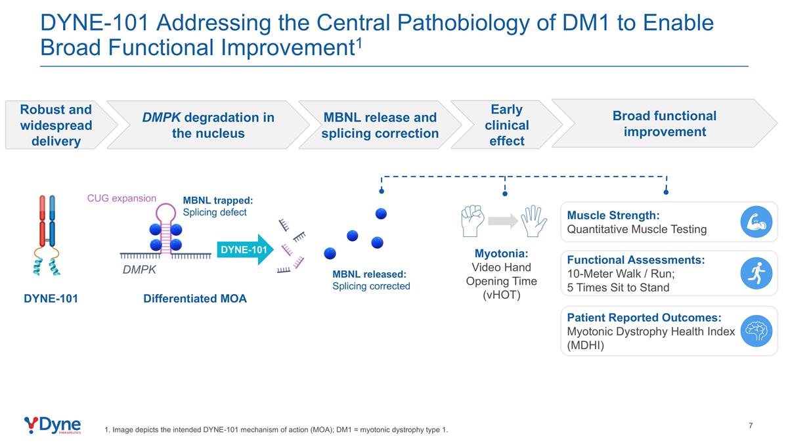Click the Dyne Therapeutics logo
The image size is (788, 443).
(x=53, y=425)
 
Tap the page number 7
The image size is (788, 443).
(x=751, y=426)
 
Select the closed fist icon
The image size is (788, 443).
(x=472, y=221)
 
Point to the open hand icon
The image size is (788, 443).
(x=533, y=221)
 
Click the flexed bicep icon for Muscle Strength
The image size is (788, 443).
(x=756, y=222)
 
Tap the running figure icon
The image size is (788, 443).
(x=756, y=273)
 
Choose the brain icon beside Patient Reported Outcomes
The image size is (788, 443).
(x=756, y=331)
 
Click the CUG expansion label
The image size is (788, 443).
(x=122, y=198)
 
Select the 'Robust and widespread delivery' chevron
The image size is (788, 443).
(x=57, y=125)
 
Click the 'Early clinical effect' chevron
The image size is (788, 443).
(x=506, y=125)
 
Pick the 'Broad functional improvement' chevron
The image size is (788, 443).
(x=663, y=123)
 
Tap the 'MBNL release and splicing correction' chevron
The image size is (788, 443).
(x=380, y=125)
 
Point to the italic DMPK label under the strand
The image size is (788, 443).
(x=139, y=269)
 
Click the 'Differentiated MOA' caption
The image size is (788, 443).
(x=195, y=299)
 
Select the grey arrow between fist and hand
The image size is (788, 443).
(x=504, y=222)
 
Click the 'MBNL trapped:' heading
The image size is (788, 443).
(x=217, y=201)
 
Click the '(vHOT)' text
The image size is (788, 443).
(x=506, y=295)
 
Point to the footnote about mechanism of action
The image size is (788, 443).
(x=276, y=430)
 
